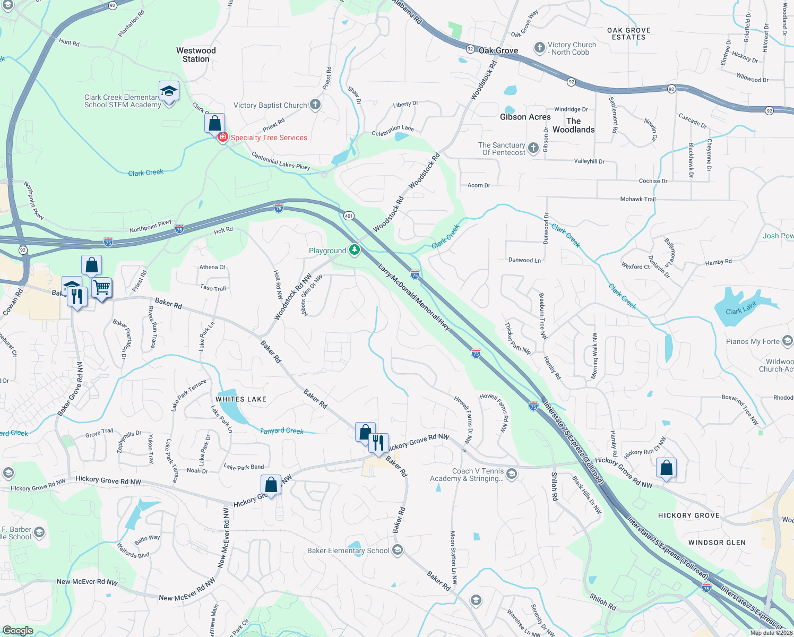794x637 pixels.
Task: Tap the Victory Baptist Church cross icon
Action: [315, 105]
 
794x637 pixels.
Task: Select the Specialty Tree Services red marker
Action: [222, 137]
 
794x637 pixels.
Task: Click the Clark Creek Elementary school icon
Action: [169, 92]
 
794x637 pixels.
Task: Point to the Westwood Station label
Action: [196, 55]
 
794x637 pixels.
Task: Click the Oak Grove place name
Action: [498, 50]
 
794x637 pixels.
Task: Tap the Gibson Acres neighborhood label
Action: [525, 117]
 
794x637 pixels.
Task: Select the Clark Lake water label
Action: [740, 308]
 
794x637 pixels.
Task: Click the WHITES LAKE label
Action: [241, 399]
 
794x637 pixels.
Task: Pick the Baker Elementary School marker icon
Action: [397, 550]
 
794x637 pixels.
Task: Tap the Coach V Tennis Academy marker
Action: [512, 474]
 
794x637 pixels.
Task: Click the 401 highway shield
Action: [349, 216]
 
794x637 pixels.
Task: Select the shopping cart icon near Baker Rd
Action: [101, 288]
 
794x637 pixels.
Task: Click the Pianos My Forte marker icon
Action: [787, 341]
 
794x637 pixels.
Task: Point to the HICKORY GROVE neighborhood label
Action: [688, 515]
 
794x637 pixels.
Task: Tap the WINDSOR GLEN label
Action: [717, 543]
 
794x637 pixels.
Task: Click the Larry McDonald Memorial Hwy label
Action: [414, 297]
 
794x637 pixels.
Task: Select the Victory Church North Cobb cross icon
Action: [540, 48]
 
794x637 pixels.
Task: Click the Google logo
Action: [18, 631]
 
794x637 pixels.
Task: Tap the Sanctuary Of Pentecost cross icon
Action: [533, 148]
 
